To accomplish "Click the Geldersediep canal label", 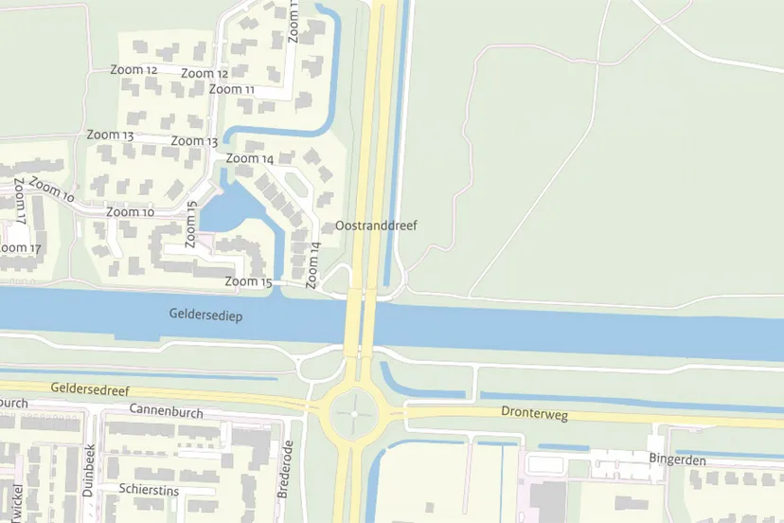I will [205, 314].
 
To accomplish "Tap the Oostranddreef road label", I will [376, 225].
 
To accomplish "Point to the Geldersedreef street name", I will [89, 388].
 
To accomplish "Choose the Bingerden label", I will [677, 459].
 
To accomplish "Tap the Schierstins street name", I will [149, 489].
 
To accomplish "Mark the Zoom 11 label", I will [232, 89].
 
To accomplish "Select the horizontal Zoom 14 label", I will [250, 158].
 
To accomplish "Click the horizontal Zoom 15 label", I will [248, 281].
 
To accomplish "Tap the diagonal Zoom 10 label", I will [51, 190].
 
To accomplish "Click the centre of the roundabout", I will [354, 414].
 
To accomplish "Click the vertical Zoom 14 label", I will [313, 265].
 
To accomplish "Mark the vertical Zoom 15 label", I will [192, 219].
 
